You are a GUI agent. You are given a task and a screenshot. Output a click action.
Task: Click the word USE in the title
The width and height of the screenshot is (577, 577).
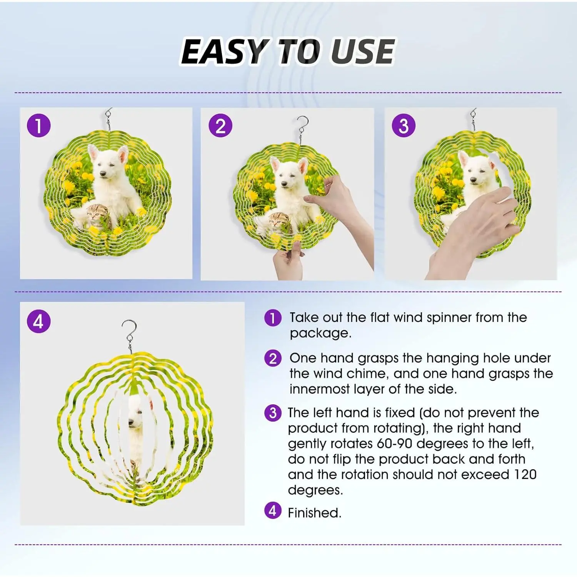tap(362, 52)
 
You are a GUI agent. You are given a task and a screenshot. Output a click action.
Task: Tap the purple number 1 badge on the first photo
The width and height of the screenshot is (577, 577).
tap(38, 126)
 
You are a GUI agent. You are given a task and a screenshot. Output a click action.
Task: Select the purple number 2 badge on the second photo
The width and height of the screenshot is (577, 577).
tap(220, 126)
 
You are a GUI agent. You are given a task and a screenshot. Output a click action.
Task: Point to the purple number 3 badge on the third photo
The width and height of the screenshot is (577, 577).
tap(404, 126)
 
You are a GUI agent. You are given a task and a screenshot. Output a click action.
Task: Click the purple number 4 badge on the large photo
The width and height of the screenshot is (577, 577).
tap(38, 321)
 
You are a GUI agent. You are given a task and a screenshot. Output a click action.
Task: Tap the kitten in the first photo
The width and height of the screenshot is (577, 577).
tap(97, 217)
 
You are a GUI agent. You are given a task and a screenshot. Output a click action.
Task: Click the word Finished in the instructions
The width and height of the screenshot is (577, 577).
tap(314, 513)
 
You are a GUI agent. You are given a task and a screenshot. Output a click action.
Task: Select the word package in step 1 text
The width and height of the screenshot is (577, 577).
tap(320, 334)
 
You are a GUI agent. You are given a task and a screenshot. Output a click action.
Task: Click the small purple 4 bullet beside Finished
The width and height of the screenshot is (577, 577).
tap(273, 511)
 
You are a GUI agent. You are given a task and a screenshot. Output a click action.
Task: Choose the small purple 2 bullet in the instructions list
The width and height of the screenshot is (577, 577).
tap(273, 359)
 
